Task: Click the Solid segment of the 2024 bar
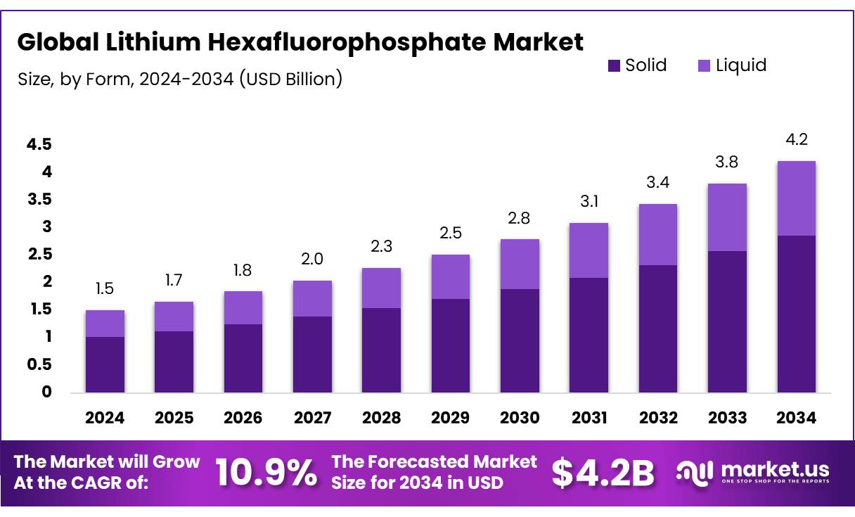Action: pos(105,364)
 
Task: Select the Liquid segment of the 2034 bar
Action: pos(797,198)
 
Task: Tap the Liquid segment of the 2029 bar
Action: pos(451,276)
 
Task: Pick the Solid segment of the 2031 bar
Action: pos(589,335)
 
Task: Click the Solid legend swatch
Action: pos(614,66)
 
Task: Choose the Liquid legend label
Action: pos(741,66)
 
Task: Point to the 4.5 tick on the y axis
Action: pos(39,144)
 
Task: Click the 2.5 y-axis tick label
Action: pos(39,254)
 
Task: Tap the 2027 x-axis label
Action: pos(312,418)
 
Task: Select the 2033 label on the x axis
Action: pos(727,418)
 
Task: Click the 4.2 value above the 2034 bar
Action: pos(796,140)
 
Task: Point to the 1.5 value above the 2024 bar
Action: pos(104,288)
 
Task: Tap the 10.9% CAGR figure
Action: pos(266,473)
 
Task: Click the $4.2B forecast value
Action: pos(603,473)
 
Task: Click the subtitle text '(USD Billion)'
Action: pos(290,79)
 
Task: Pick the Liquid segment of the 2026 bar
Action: pos(243,307)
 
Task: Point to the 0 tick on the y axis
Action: pos(47,392)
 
